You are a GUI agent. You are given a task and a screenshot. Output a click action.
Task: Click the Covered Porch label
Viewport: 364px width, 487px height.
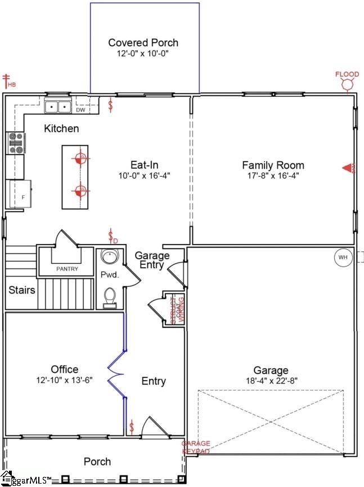pos(143,43)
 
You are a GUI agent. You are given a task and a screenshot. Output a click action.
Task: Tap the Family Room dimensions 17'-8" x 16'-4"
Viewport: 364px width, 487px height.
pos(273,175)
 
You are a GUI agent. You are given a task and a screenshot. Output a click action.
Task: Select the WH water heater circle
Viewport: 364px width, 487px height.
pos(342,258)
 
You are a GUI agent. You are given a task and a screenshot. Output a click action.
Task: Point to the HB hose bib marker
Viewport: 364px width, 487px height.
pos(8,81)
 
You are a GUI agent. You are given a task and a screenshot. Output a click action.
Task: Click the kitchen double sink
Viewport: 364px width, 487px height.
pos(58,106)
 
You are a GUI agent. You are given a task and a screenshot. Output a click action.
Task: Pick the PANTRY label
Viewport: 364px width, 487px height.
pos(67,269)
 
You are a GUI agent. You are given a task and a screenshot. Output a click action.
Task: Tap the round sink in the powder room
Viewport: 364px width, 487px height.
pos(108,257)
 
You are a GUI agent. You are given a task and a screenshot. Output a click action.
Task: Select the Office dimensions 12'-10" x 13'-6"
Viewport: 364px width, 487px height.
pos(64,380)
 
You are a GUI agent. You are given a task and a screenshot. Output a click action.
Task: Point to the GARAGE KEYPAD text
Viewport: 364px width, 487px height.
pos(195,448)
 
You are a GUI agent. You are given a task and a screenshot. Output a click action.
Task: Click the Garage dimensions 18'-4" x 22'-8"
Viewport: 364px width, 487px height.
pos(271,380)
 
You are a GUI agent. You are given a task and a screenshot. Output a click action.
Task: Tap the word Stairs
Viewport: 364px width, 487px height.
pos(22,291)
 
